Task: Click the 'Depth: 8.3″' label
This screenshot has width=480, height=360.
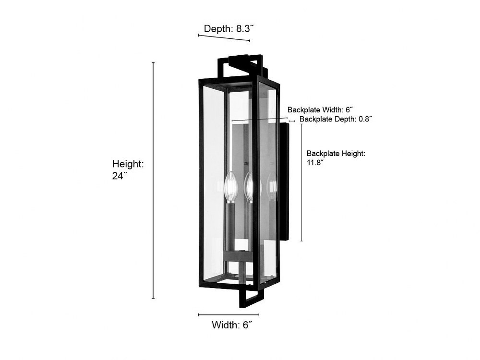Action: pos(228,29)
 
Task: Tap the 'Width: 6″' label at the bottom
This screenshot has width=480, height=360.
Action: pos(232,325)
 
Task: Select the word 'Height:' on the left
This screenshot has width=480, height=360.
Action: pos(128,164)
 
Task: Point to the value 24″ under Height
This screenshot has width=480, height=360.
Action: pos(120,176)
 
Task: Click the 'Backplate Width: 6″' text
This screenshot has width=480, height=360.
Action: pos(320,109)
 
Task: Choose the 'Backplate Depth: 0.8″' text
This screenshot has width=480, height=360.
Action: pos(336,119)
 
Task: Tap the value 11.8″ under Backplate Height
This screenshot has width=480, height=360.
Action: pos(315,163)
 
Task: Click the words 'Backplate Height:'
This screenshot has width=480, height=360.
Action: pos(336,154)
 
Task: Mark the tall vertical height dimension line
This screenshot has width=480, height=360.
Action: pos(153,180)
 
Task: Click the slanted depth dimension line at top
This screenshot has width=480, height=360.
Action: pos(224,37)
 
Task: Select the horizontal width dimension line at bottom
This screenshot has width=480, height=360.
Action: pos(228,314)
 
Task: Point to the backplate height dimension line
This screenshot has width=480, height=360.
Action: pos(301,182)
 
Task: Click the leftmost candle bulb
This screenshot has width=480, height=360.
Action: pos(230,186)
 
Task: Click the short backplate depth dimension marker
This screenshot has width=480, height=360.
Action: pos(292,121)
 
